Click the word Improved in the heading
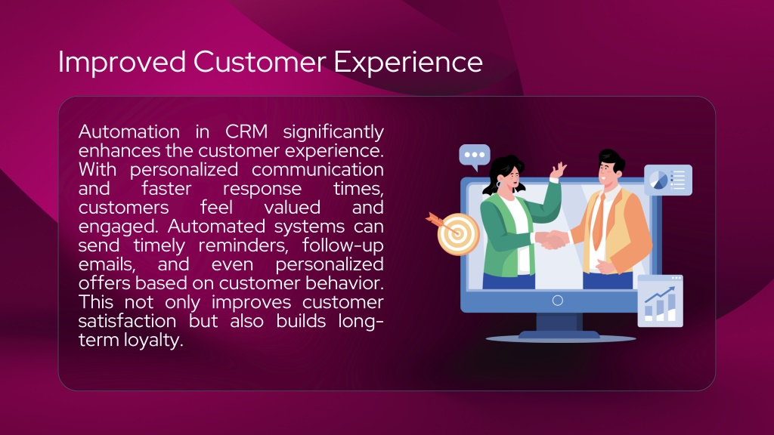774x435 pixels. (x=122, y=62)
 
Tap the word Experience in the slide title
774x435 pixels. (x=408, y=63)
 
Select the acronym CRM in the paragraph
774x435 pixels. (x=246, y=131)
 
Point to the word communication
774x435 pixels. (x=317, y=170)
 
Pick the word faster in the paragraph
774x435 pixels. (x=166, y=188)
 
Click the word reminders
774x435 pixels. (x=243, y=245)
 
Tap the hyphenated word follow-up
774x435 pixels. (x=343, y=246)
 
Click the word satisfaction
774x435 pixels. (x=127, y=321)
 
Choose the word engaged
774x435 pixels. (x=120, y=227)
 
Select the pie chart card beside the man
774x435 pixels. (x=668, y=180)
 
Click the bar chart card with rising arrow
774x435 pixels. (x=661, y=301)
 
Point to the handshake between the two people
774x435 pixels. (x=552, y=239)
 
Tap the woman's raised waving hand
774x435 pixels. (x=559, y=170)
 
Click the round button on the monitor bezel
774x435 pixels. (x=558, y=301)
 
